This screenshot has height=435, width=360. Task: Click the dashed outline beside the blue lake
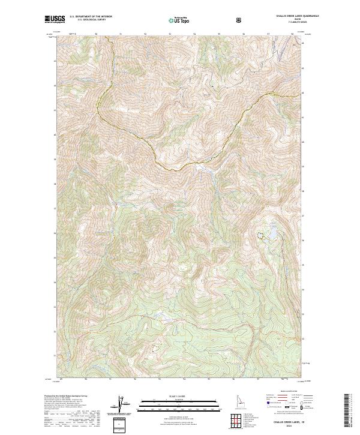point(261,236)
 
